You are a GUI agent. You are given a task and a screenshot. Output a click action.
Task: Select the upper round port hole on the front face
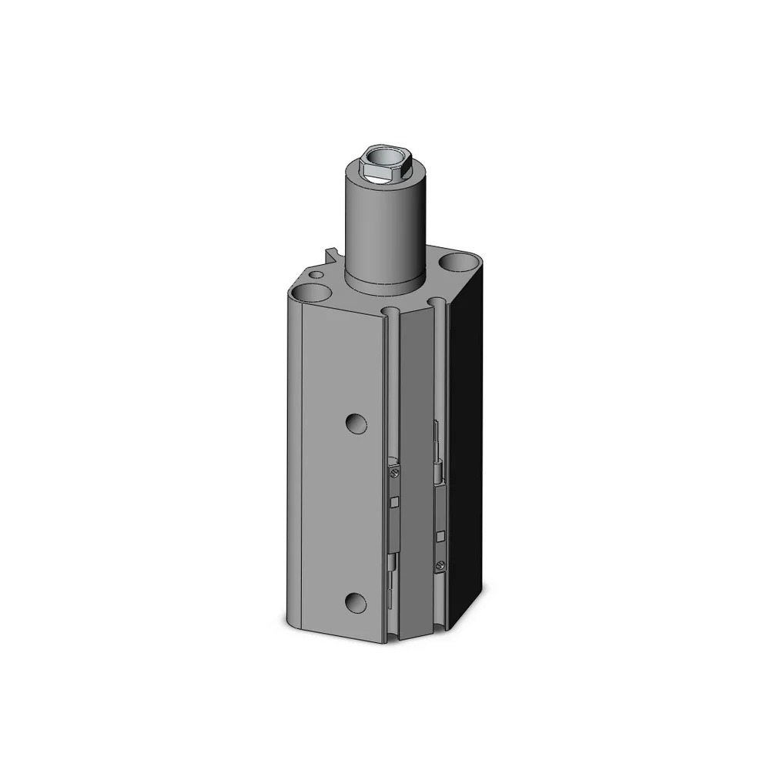pos(355,422)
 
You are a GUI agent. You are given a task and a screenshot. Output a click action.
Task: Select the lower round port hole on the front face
pos(355,603)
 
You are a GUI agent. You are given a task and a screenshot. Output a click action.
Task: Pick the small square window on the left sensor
pos(394,503)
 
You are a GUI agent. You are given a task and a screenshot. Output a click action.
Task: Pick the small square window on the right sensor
pos(440,535)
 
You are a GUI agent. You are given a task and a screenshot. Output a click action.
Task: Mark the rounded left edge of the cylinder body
pos(296,462)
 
